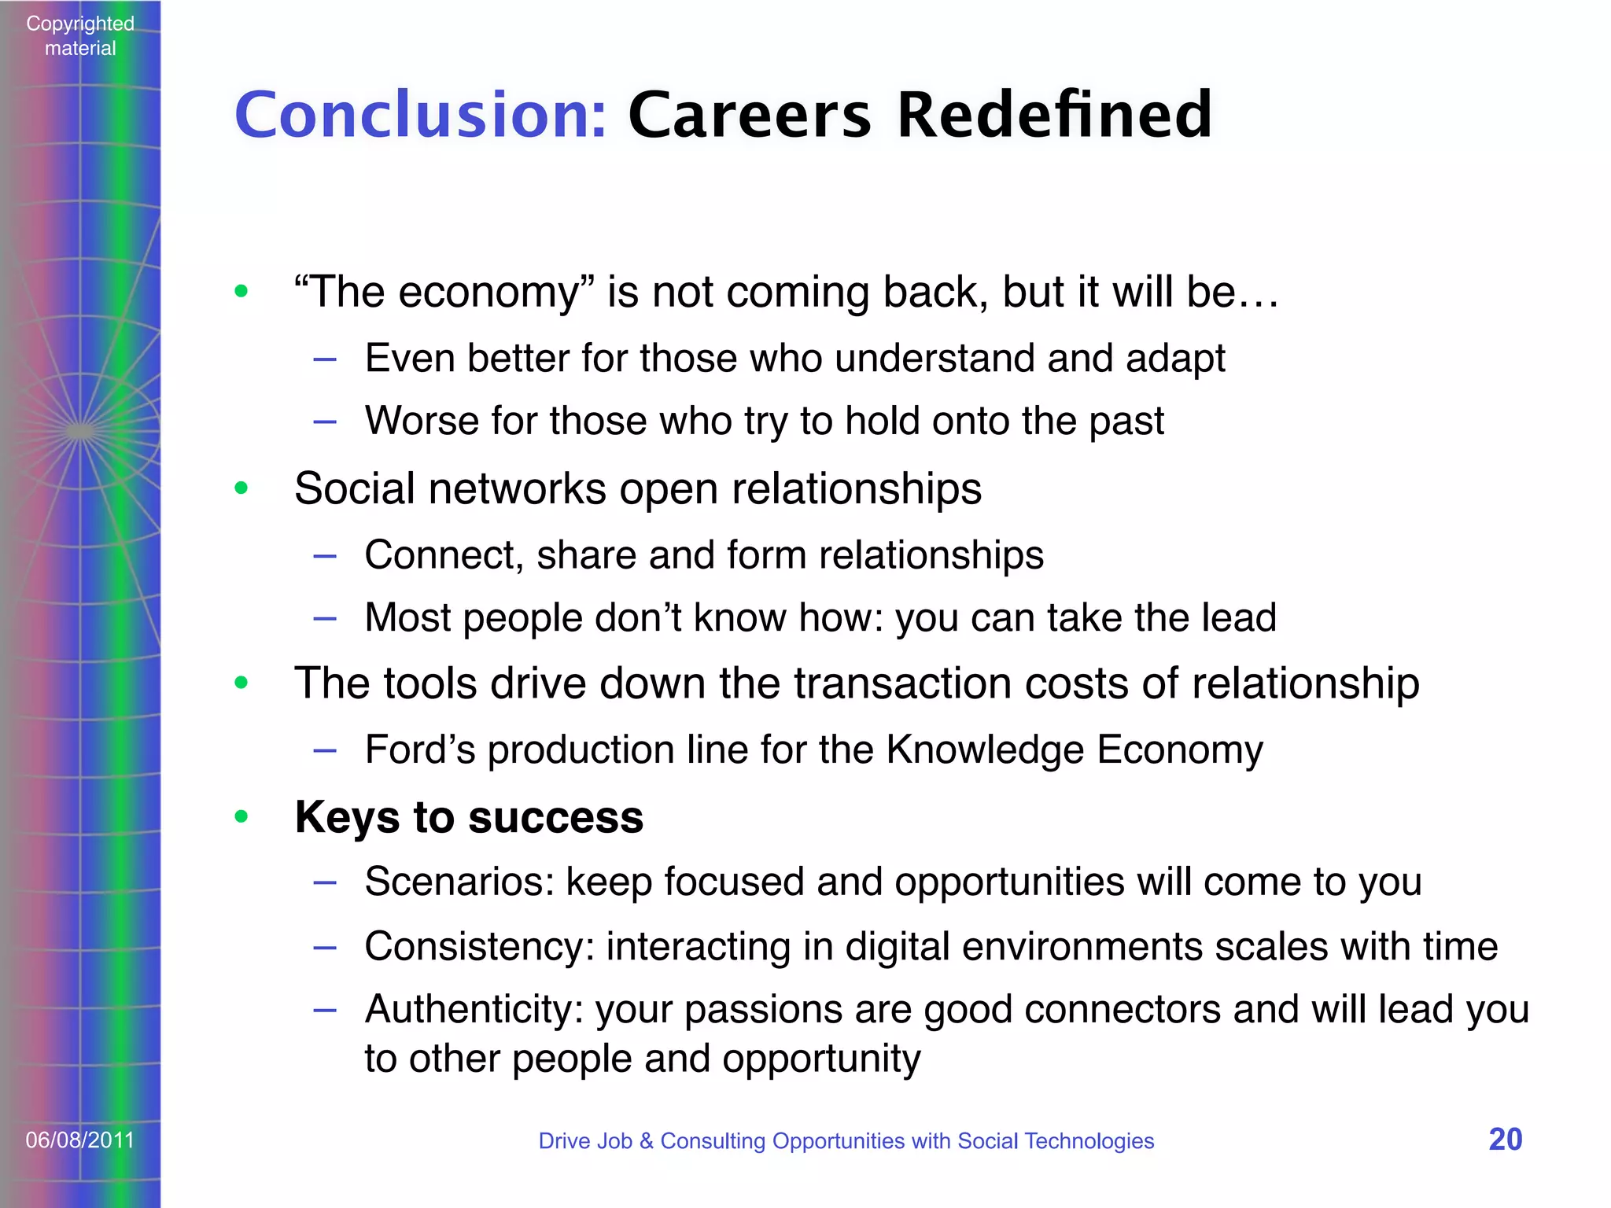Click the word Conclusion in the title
(420, 115)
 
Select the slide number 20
(1505, 1140)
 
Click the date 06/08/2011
(80, 1140)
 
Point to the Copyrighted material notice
(80, 35)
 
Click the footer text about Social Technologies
(846, 1140)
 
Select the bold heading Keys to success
(469, 817)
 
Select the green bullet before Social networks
(241, 488)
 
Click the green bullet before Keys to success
(241, 817)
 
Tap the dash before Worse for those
(325, 422)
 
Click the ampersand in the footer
(647, 1140)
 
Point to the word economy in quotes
(488, 293)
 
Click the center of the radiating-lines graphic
(80, 431)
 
